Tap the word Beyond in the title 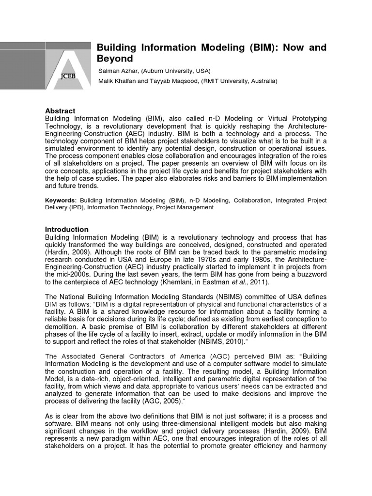[x=115, y=59]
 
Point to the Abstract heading [x=60, y=111]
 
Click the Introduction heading [x=67, y=229]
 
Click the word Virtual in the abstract [x=271, y=119]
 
